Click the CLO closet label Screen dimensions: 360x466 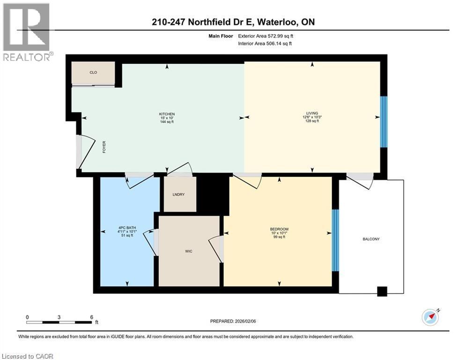pyautogui.click(x=93, y=73)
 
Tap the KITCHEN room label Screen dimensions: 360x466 pyautogui.click(x=167, y=114)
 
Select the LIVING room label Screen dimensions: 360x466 pyautogui.click(x=312, y=113)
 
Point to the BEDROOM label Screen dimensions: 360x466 pyautogui.click(x=279, y=229)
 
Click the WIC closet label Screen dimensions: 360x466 pyautogui.click(x=189, y=251)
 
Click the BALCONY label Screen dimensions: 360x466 pyautogui.click(x=371, y=239)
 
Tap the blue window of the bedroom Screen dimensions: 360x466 pyautogui.click(x=335, y=240)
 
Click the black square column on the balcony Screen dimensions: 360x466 pyautogui.click(x=383, y=291)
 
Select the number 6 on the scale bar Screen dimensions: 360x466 pyautogui.click(x=91, y=317)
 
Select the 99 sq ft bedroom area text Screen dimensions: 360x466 pyautogui.click(x=279, y=237)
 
